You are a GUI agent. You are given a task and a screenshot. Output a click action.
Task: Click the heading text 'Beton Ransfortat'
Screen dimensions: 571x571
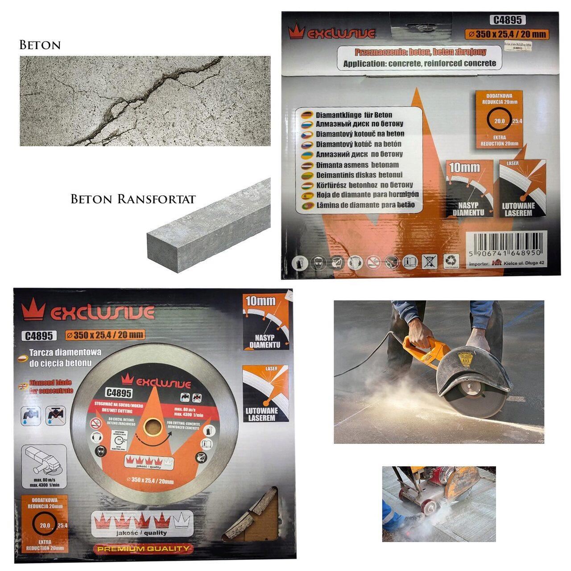(x=133, y=199)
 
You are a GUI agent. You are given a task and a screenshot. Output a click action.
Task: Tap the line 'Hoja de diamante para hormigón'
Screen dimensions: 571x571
(x=367, y=195)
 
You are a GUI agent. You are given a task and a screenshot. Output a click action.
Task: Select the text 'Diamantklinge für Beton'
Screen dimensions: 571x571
(x=354, y=115)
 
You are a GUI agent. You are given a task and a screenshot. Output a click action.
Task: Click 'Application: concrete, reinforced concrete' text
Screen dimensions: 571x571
(x=419, y=63)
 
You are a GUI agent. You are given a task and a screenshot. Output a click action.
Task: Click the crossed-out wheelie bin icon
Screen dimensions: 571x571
(x=430, y=262)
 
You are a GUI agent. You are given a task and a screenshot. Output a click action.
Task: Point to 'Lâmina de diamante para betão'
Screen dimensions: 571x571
(x=365, y=205)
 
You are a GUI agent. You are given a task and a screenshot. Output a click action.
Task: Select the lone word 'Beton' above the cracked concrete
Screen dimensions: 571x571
(x=40, y=45)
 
